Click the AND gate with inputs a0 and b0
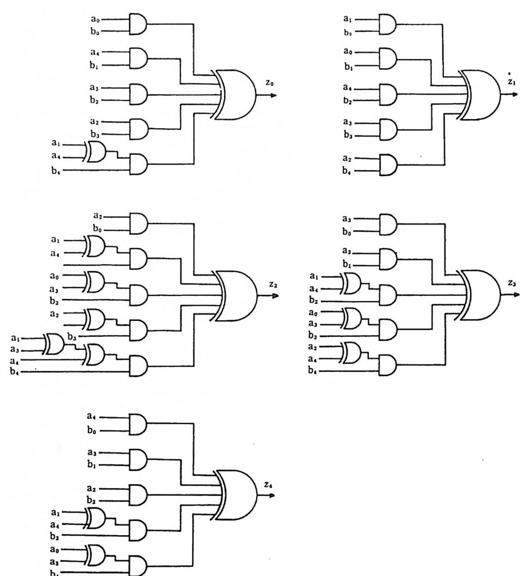(138, 24)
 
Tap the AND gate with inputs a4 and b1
(138, 58)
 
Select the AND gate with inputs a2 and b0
(138, 223)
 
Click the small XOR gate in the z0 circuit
(94, 151)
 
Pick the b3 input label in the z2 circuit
(72, 336)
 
